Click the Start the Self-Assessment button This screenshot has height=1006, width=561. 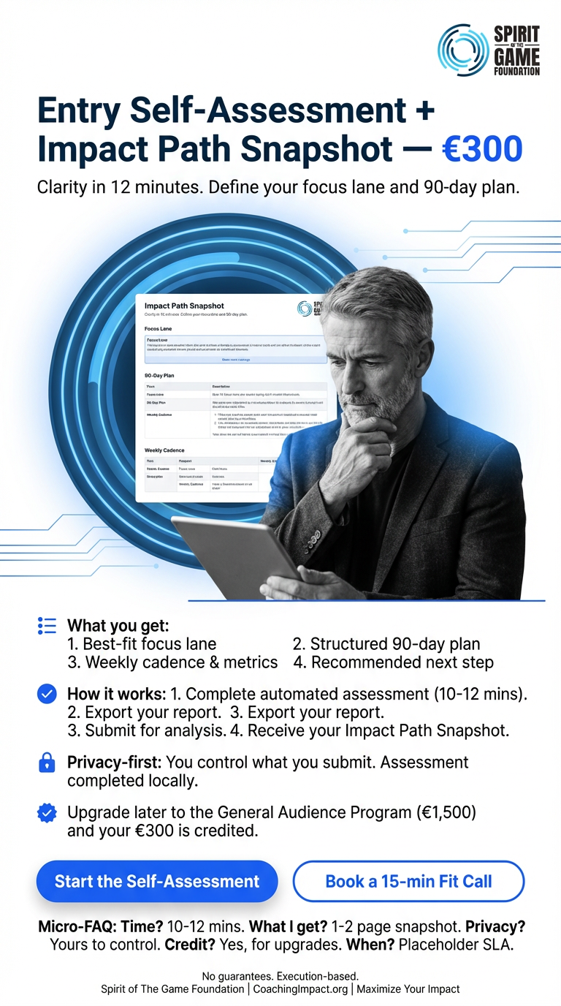tap(157, 881)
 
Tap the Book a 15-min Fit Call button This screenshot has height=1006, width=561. tap(408, 881)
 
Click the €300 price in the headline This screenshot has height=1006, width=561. tap(483, 148)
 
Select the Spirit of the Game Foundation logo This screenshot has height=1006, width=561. tap(489, 50)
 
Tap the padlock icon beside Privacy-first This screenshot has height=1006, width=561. tap(47, 763)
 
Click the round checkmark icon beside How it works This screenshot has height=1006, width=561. tap(47, 694)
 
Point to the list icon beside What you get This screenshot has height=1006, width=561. tap(47, 626)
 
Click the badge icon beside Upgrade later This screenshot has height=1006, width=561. tap(47, 812)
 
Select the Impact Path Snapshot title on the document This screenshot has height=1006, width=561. tap(184, 306)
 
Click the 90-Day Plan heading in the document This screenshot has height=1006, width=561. tap(164, 375)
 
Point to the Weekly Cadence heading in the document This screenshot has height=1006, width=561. tap(164, 450)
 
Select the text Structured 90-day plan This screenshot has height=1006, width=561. tap(386, 644)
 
